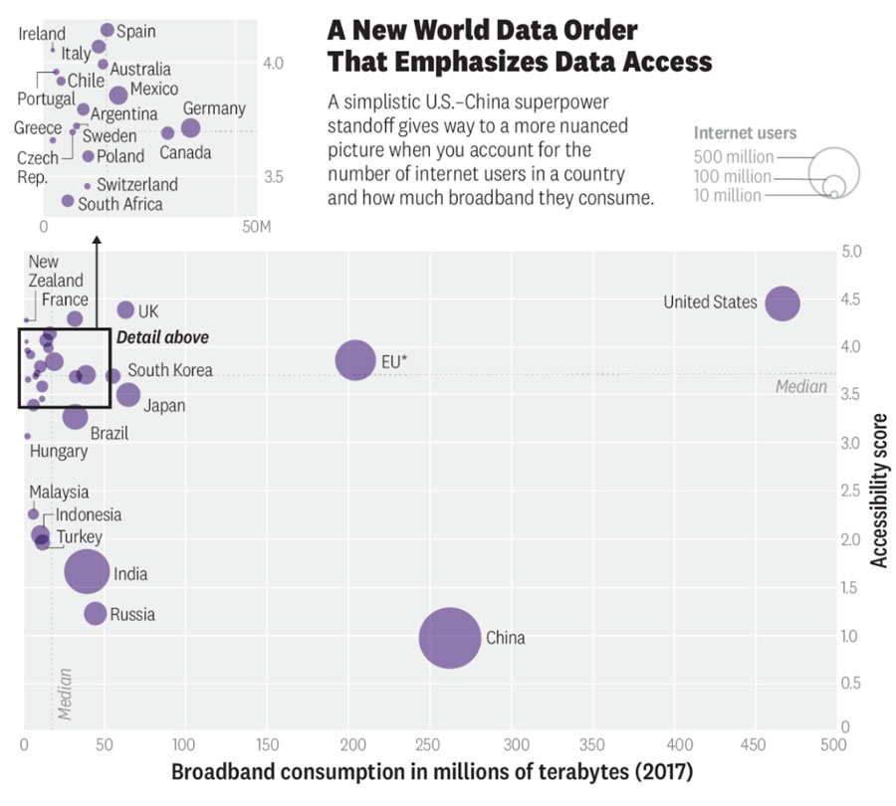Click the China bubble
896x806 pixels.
(x=450, y=638)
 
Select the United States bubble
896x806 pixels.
(x=783, y=303)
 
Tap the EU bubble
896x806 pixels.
(x=355, y=360)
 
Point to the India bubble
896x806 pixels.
(x=88, y=572)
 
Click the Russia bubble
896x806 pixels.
(x=95, y=613)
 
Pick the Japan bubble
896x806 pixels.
(x=127, y=394)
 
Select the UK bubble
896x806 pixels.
(x=125, y=310)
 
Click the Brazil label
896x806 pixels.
(x=109, y=434)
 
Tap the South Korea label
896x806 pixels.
(x=169, y=370)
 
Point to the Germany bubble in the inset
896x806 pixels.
(x=191, y=127)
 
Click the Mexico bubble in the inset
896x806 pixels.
(x=118, y=95)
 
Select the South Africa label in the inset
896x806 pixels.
(x=119, y=204)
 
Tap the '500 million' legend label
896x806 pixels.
(x=734, y=157)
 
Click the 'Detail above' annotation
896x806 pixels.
(x=162, y=337)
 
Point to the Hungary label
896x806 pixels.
(x=59, y=451)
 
